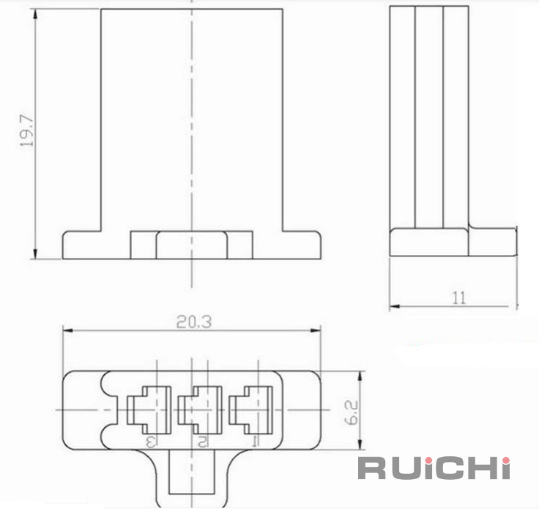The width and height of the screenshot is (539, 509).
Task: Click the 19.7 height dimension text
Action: (27, 131)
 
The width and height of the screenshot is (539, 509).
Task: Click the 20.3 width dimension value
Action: (194, 322)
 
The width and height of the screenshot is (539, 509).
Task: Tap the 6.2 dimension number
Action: (352, 412)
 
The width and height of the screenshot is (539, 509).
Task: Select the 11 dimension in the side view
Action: (459, 297)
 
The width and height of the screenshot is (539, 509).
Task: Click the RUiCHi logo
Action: (434, 467)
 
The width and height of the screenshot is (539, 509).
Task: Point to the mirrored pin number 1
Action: (256, 442)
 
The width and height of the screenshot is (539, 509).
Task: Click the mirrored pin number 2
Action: (202, 442)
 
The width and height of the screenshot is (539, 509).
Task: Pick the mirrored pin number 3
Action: (151, 442)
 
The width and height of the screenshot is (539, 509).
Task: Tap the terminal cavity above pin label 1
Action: (251, 409)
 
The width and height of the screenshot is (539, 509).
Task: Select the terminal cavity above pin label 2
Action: (200, 409)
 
